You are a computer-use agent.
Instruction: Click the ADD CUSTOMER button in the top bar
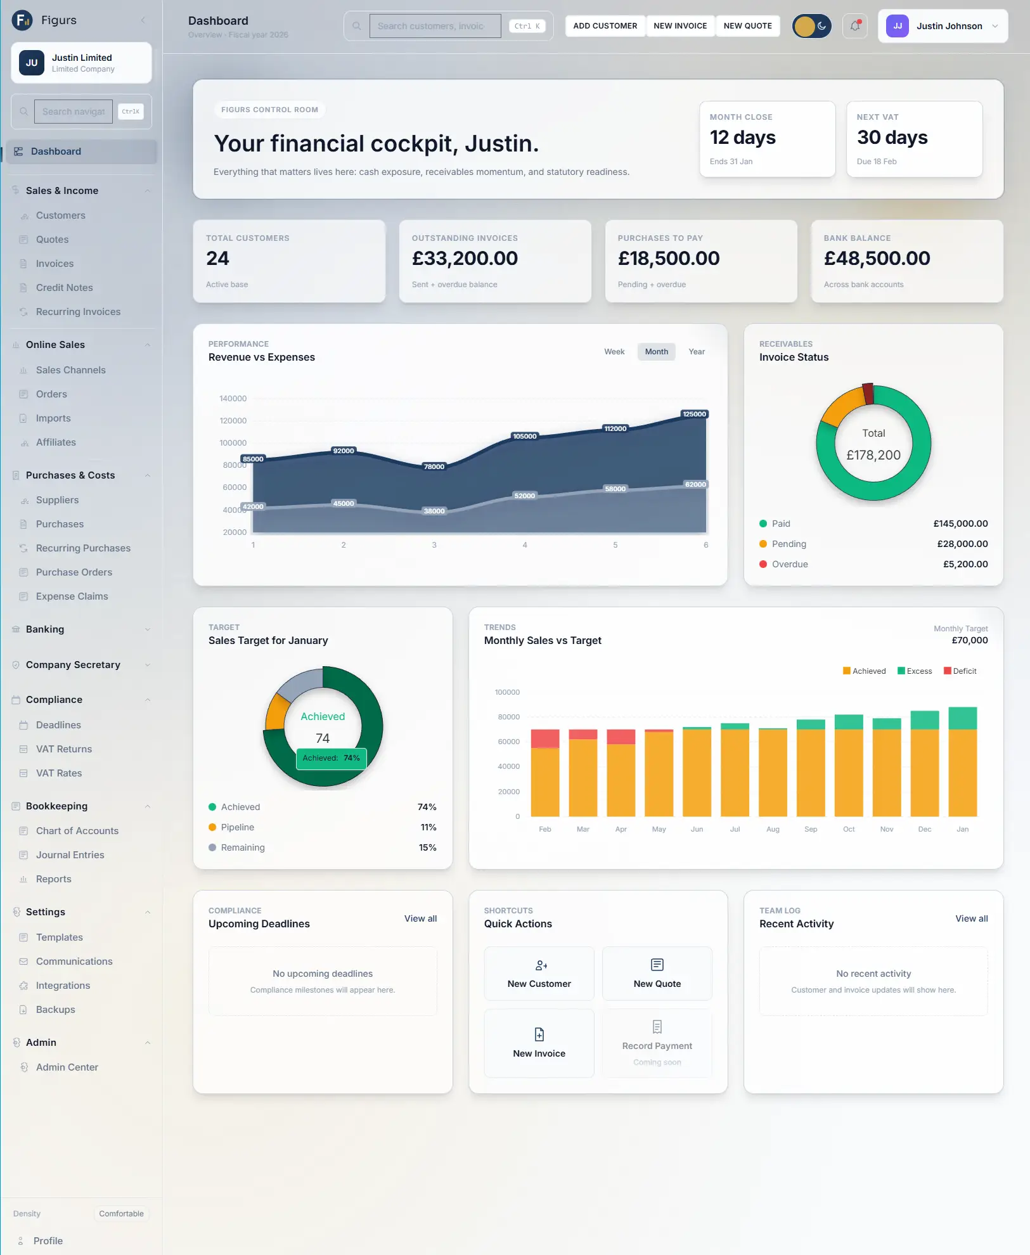[605, 26]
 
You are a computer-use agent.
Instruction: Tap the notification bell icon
[855, 26]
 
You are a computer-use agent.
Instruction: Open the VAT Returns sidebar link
[63, 749]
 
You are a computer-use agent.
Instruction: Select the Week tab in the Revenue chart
[614, 352]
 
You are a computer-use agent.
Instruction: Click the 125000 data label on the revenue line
[694, 414]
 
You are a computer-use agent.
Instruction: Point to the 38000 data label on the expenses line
[434, 511]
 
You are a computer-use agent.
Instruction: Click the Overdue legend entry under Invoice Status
[789, 564]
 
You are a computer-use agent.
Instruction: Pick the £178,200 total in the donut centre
[873, 455]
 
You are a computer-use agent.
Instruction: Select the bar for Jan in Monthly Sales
[962, 761]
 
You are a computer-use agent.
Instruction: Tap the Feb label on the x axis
[545, 829]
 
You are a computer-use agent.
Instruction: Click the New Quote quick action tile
[657, 974]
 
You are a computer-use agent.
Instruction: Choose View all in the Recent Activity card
[971, 918]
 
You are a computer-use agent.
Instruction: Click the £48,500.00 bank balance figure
[877, 259]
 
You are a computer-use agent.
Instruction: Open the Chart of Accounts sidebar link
[77, 831]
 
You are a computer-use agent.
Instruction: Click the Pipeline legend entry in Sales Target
[237, 827]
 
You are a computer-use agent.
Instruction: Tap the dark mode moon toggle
[821, 26]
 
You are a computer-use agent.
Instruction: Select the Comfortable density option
[121, 1214]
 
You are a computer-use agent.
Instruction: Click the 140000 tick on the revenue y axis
[233, 399]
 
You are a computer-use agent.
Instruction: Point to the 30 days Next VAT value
[892, 138]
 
